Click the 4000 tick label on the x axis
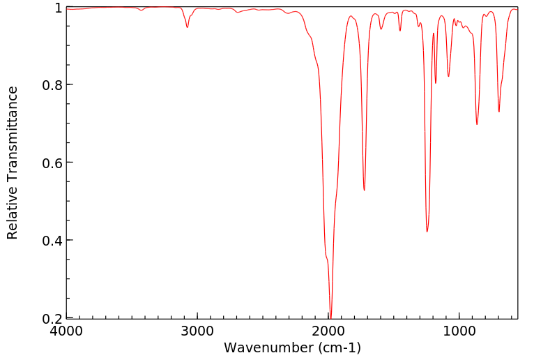click(x=66, y=330)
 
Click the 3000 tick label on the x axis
click(x=197, y=330)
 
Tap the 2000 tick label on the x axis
click(x=328, y=330)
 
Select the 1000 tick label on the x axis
click(x=459, y=330)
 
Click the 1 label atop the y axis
click(x=59, y=8)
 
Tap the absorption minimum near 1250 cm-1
click(x=427, y=232)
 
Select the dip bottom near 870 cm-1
click(x=477, y=124)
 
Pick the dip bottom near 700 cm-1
click(x=498, y=112)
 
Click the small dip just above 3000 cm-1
click(x=188, y=27)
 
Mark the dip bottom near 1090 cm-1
click(x=448, y=77)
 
